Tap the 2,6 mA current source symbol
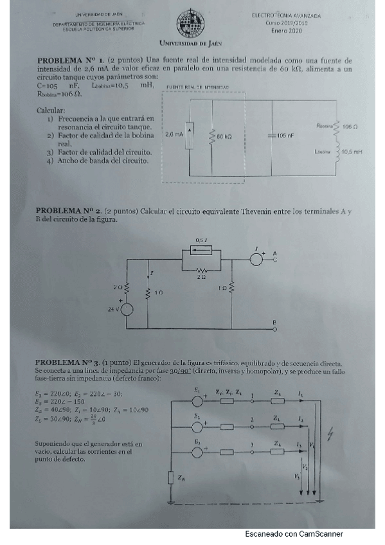[x=188, y=135]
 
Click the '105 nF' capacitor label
[x=286, y=136]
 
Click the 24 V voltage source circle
[x=126, y=309]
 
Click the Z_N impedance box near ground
[x=172, y=477]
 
